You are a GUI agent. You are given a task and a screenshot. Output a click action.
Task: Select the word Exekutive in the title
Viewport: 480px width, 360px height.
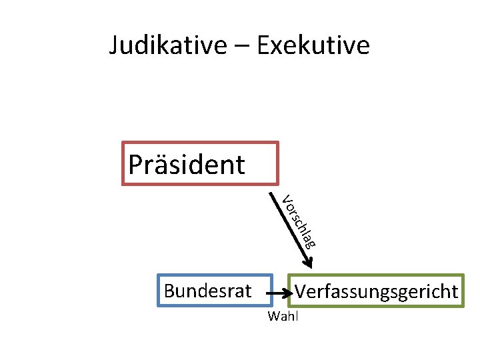(313, 45)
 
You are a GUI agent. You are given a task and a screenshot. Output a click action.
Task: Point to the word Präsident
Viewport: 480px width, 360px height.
(187, 164)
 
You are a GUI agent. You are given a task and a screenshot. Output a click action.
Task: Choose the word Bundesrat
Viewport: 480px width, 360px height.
(207, 291)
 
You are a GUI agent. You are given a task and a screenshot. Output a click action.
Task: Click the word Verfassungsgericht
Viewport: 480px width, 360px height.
(377, 291)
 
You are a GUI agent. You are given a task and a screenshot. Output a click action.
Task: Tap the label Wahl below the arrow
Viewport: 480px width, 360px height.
(283, 316)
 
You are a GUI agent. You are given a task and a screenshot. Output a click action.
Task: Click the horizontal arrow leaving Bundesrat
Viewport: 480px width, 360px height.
(279, 291)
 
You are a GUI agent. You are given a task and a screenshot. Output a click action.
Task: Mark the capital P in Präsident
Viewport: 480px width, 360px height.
(135, 164)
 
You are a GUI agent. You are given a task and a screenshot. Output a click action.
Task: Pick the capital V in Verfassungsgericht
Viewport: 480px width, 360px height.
(301, 291)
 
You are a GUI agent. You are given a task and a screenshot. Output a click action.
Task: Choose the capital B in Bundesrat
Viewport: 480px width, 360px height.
(169, 291)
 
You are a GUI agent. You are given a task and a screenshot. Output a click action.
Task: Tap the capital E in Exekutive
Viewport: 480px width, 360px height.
(262, 45)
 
